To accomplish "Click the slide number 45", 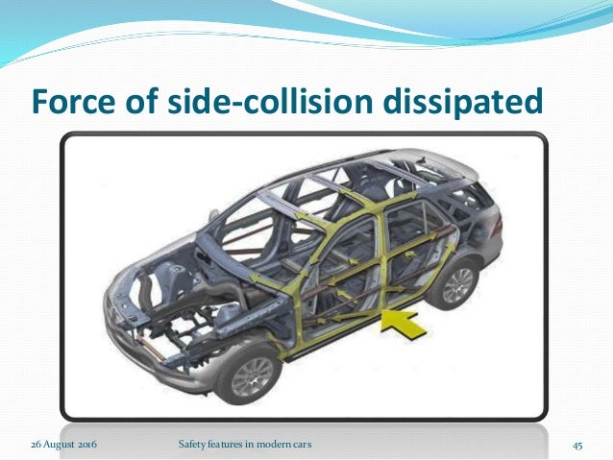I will [x=578, y=446].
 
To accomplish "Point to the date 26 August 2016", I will [x=66, y=446].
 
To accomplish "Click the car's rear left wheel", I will [x=456, y=285].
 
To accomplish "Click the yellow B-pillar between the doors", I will [x=367, y=252].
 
